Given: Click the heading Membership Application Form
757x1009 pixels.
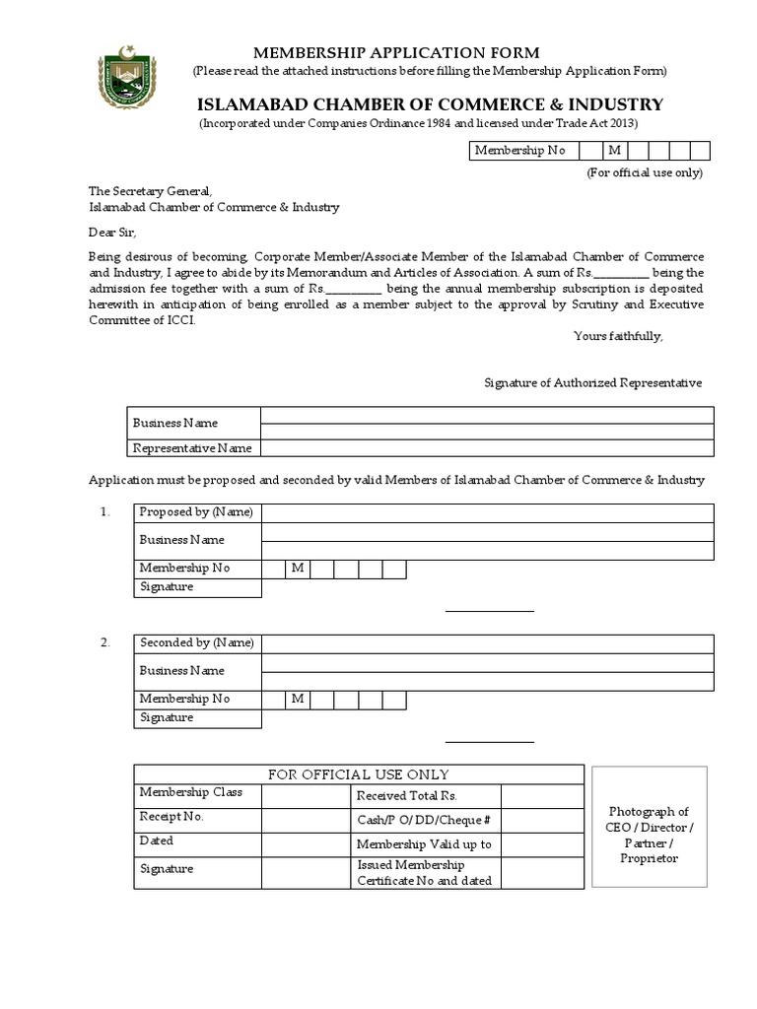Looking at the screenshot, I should (x=397, y=52).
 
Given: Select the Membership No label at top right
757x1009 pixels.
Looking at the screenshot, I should (x=519, y=151).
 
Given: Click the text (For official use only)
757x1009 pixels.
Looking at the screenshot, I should (x=645, y=172).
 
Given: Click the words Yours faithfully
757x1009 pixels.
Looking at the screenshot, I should (x=618, y=336).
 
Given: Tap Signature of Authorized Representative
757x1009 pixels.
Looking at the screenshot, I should (x=592, y=382).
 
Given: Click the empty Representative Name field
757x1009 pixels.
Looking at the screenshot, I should (x=487, y=448).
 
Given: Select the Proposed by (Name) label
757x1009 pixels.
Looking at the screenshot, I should (x=196, y=511).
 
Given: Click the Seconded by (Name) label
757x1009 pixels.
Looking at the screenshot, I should (x=197, y=642).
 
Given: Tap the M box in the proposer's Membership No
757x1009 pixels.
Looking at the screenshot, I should (x=298, y=569).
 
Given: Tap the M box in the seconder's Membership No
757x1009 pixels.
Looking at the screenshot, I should (x=298, y=699).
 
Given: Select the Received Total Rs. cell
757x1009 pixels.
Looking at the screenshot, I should (x=406, y=796).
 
